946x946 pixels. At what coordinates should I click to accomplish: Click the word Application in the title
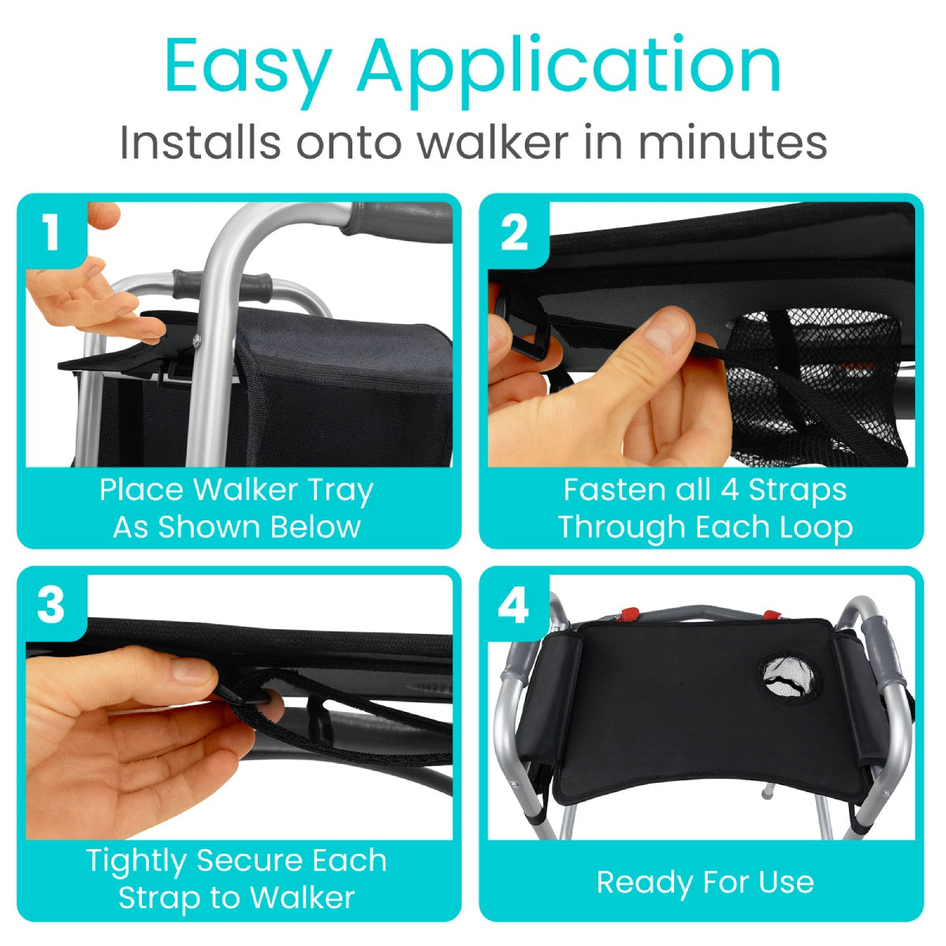pos(568,68)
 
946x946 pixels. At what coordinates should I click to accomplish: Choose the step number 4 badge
pos(514,607)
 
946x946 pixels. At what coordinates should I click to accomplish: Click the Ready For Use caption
pos(705,881)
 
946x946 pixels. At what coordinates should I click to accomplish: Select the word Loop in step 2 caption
pos(816,527)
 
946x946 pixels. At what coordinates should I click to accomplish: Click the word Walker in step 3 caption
pos(302,897)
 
